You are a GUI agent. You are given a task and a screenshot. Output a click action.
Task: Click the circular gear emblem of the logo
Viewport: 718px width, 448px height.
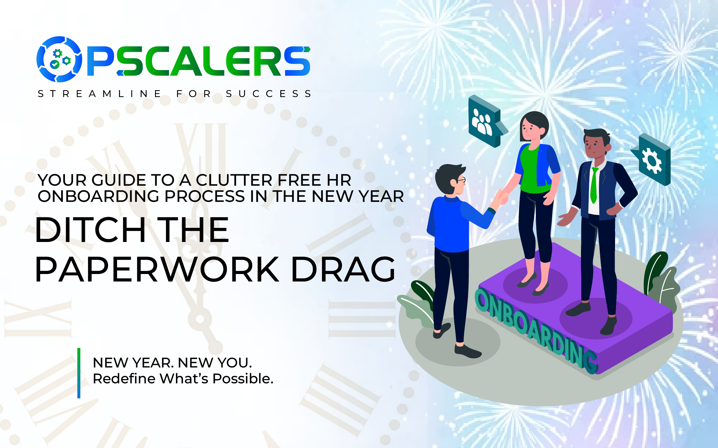pyautogui.click(x=59, y=59)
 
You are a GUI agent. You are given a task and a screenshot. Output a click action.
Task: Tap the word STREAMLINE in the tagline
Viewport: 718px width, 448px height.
pyautogui.click(x=100, y=94)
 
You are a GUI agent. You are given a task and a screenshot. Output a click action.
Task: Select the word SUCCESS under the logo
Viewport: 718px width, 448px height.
pyautogui.click(x=269, y=94)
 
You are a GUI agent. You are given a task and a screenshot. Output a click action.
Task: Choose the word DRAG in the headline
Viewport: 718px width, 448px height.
pyautogui.click(x=343, y=270)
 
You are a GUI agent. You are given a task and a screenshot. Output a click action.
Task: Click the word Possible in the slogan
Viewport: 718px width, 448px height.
pyautogui.click(x=243, y=379)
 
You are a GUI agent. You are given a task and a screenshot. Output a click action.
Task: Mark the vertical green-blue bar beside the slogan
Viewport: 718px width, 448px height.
pyautogui.click(x=79, y=373)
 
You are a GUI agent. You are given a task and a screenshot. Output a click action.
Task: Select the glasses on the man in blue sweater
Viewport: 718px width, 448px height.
pyautogui.click(x=461, y=180)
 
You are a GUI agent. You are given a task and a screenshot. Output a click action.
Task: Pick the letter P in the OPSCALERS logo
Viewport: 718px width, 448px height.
pyautogui.click(x=101, y=61)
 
